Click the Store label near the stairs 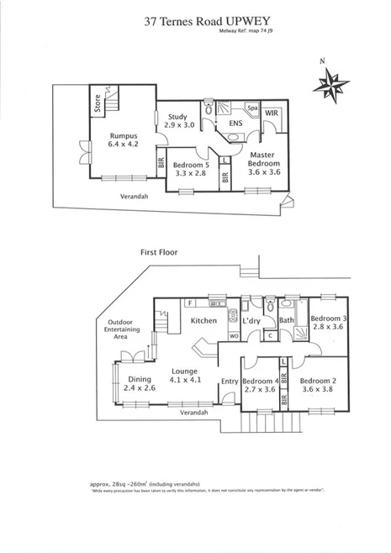98,104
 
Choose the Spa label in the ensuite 251,108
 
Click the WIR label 272,112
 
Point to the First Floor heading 161,252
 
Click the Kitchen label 204,321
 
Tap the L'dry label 251,322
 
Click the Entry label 230,382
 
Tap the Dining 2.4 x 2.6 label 139,384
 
